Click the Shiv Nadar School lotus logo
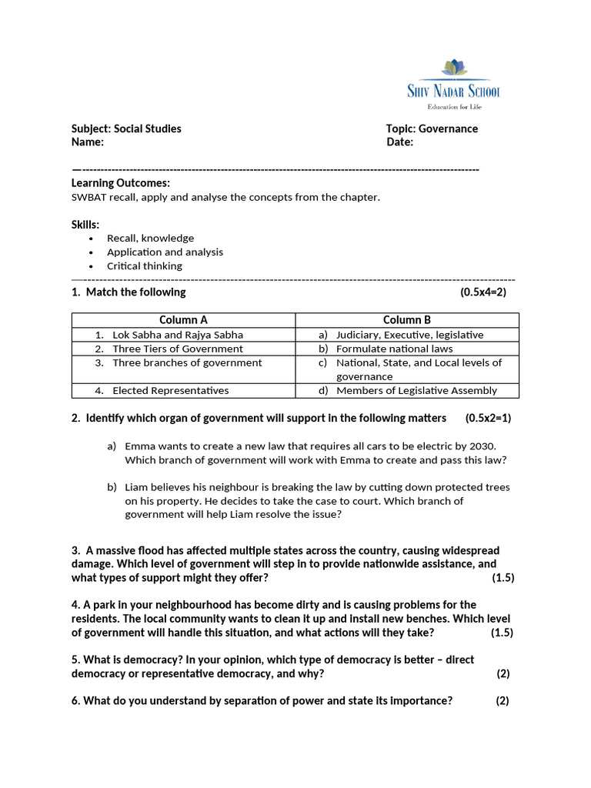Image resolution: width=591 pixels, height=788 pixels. tap(454, 69)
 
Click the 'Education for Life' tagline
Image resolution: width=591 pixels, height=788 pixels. tap(454, 106)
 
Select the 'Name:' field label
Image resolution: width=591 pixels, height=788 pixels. tap(87, 142)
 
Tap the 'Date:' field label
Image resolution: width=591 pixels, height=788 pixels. tap(399, 142)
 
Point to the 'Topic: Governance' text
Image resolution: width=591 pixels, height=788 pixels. tap(432, 129)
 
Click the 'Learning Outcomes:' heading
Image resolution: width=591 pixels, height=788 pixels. tap(121, 183)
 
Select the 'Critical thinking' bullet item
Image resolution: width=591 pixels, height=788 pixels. tap(145, 265)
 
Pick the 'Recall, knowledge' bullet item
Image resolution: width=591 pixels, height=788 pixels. tap(150, 238)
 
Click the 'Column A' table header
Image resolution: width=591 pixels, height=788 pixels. tap(183, 320)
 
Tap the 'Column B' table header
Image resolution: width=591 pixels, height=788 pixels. tap(407, 320)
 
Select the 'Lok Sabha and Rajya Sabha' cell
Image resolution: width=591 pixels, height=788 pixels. tap(177, 335)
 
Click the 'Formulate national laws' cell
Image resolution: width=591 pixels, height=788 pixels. tap(395, 349)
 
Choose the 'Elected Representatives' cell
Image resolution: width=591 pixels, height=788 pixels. tap(170, 390)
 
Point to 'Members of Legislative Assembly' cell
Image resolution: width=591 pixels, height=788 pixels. tap(416, 390)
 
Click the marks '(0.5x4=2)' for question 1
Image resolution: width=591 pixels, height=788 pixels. tap(483, 292)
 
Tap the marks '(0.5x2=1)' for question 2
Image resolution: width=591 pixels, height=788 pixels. tap(488, 418)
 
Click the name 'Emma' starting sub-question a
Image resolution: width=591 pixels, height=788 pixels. tap(139, 446)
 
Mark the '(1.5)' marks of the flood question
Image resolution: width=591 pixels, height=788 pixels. tap(503, 578)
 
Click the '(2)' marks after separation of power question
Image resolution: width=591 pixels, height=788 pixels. tap(503, 701)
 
